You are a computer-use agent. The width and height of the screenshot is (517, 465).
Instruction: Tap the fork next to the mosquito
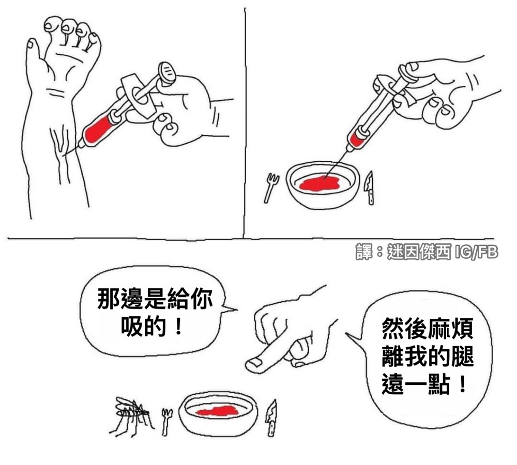(x=167, y=422)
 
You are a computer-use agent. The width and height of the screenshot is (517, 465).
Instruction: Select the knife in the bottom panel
(x=271, y=418)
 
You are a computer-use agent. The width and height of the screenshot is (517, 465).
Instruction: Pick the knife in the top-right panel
(x=370, y=188)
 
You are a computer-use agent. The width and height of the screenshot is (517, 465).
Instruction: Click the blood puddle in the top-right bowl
(x=319, y=183)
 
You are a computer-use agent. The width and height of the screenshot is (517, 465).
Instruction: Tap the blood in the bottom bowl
(x=217, y=411)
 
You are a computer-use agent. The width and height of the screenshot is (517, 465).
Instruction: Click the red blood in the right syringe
(x=356, y=138)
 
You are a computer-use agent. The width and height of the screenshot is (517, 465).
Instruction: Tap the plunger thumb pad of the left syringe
(x=166, y=72)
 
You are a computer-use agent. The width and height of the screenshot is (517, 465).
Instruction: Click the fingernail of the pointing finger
(x=254, y=363)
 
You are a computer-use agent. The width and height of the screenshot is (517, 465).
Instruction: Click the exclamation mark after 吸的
(x=178, y=326)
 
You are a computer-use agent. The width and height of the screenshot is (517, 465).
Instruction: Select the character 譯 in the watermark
(x=364, y=252)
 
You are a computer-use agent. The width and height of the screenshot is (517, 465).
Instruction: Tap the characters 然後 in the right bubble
(x=405, y=328)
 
